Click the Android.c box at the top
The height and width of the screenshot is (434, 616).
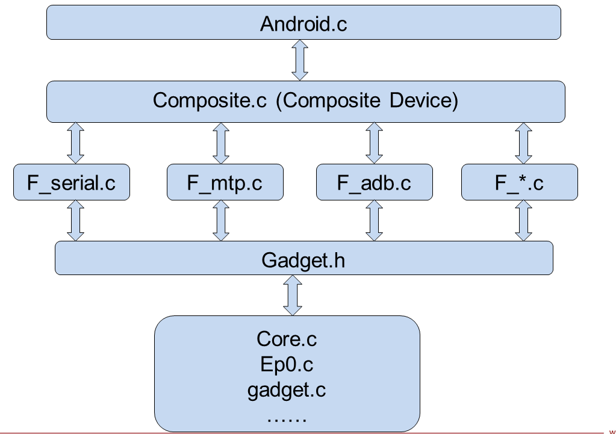click(303, 23)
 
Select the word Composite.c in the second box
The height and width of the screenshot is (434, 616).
click(211, 100)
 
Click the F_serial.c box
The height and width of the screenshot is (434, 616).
click(71, 182)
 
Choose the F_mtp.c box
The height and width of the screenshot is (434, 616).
click(224, 182)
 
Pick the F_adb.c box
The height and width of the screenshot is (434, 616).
click(374, 182)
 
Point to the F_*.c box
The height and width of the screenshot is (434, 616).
click(519, 182)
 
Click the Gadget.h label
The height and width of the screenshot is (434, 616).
click(303, 260)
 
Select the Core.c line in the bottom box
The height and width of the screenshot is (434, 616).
click(287, 339)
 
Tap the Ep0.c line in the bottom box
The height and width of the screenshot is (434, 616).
click(287, 364)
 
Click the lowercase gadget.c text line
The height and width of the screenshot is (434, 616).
click(287, 389)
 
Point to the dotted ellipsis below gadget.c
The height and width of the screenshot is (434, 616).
click(287, 416)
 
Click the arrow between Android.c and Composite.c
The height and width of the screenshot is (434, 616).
click(299, 60)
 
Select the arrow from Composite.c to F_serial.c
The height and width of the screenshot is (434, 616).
click(75, 143)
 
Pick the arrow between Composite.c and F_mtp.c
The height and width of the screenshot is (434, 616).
click(221, 143)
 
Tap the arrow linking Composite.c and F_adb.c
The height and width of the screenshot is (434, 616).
click(374, 143)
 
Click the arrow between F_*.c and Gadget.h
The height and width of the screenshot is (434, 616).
click(523, 221)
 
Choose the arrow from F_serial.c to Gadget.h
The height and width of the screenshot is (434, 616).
click(75, 221)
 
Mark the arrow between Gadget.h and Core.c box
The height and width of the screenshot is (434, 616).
click(293, 296)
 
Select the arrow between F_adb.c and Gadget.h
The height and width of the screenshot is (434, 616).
click(374, 221)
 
